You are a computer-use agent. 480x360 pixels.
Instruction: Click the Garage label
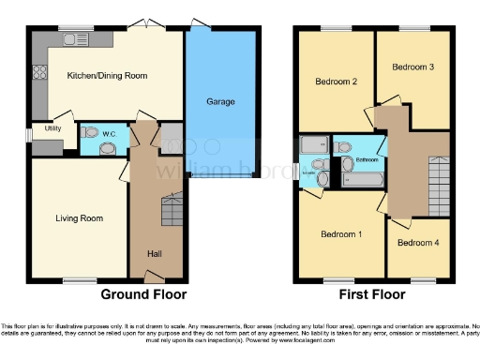[220, 101]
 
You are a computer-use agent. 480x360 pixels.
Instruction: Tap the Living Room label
[80, 218]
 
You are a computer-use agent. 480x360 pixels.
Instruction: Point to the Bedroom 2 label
[335, 82]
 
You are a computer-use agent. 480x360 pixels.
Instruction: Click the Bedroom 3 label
[412, 67]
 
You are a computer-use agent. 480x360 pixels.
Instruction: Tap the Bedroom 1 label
[341, 233]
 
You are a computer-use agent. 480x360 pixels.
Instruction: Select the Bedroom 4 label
[413, 243]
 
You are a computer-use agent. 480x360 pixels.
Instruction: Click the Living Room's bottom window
[79, 279]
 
